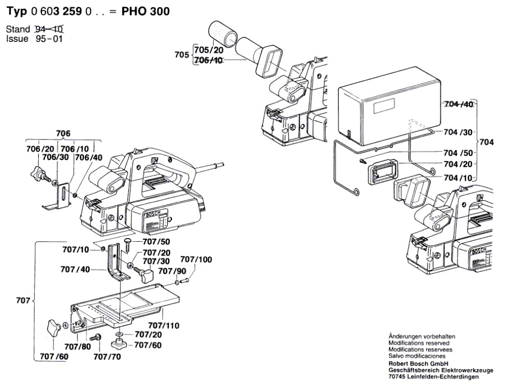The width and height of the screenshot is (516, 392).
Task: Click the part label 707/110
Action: [x=164, y=326]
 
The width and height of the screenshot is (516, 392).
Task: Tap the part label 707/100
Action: [x=196, y=260]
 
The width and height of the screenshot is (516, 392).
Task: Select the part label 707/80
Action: [x=78, y=347]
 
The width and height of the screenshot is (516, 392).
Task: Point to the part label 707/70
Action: [x=107, y=356]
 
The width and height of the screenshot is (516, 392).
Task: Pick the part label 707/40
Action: [x=76, y=269]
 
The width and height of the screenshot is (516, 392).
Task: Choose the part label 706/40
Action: [x=88, y=157]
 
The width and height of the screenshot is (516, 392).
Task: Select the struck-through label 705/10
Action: [x=209, y=60]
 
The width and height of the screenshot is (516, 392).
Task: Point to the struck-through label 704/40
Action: [x=459, y=104]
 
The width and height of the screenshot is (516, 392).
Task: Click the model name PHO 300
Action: [x=146, y=11]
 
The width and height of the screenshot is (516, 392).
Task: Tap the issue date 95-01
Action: [x=49, y=38]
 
